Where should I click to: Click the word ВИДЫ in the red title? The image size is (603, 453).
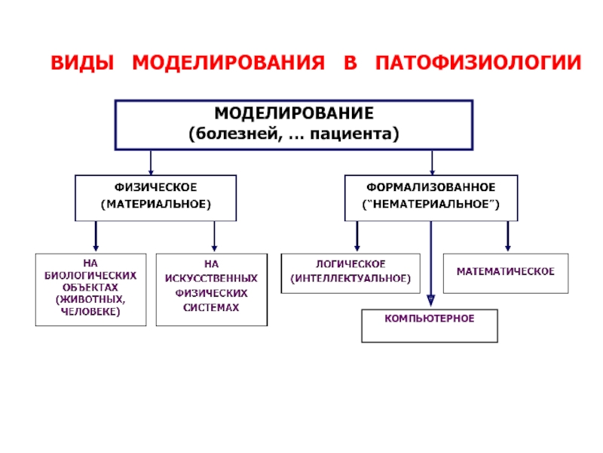click(82, 63)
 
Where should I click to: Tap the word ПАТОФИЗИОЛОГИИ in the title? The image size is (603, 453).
click(478, 63)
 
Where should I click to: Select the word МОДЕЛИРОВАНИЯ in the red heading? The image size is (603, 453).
click(228, 63)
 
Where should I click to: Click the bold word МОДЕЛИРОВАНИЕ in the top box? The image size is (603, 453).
click(294, 113)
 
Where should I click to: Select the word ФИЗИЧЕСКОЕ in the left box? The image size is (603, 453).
click(156, 187)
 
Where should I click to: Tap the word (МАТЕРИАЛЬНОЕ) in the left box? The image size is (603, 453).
click(156, 204)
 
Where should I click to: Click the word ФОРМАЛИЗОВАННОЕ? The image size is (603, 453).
click(430, 187)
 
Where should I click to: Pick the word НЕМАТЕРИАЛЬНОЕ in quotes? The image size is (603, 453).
click(430, 204)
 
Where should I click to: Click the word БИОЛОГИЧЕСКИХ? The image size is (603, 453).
click(90, 276)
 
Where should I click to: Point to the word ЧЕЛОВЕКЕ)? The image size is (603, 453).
click(90, 311)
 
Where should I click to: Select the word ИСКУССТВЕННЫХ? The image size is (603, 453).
click(211, 278)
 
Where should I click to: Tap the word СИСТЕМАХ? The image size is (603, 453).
click(211, 307)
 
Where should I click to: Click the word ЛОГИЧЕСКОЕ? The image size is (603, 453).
click(350, 263)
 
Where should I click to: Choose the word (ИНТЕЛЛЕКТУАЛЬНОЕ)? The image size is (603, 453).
click(350, 278)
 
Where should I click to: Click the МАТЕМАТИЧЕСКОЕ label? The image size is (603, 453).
click(506, 272)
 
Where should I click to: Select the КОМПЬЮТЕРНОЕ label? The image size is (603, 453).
click(430, 318)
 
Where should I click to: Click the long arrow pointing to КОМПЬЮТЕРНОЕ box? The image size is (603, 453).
click(431, 263)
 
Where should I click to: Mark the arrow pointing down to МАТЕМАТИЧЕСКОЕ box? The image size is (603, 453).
click(508, 236)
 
